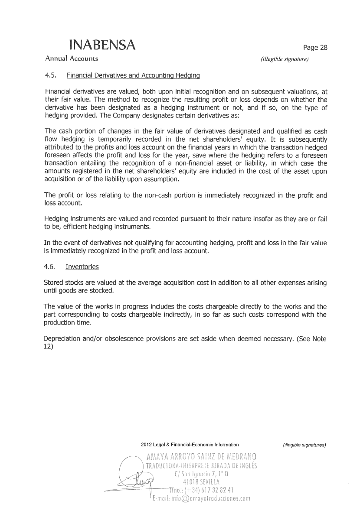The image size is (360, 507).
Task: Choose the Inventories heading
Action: point(82,266)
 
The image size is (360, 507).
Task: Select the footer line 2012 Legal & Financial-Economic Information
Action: point(190,445)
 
